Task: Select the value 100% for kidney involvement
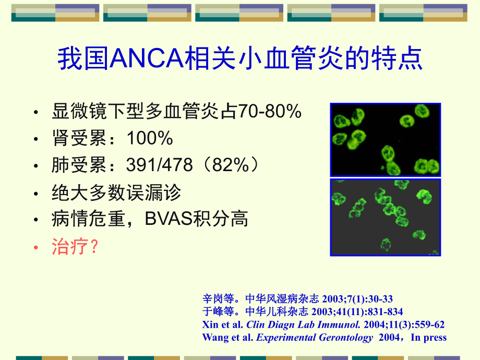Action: (x=150, y=138)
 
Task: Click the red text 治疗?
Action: (x=75, y=247)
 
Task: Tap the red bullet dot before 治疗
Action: (x=35, y=248)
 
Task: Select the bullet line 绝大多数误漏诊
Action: (x=116, y=193)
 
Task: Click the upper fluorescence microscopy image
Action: (x=386, y=139)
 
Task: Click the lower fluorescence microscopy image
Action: (x=386, y=217)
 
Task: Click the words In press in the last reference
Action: (x=429, y=337)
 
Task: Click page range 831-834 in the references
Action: (x=386, y=312)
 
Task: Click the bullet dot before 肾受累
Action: (x=35, y=139)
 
